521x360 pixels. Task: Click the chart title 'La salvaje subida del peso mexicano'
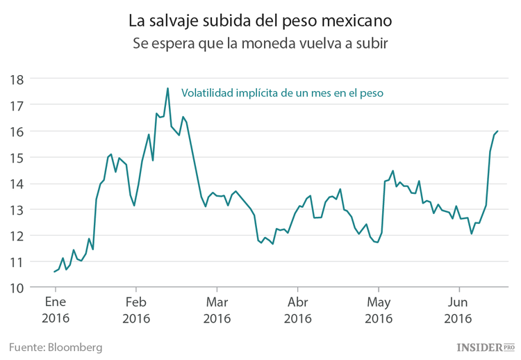(260, 20)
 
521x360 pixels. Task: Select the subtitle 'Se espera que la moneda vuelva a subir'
(260, 43)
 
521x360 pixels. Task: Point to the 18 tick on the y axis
(17, 79)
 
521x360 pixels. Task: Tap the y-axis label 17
(17, 106)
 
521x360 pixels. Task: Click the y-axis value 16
(17, 131)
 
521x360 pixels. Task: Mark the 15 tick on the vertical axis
(17, 158)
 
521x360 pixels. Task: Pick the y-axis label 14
(17, 184)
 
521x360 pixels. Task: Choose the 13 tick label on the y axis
(17, 210)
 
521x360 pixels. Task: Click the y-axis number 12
(17, 236)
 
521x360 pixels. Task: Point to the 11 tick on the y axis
(17, 262)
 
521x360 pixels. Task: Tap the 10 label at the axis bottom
(17, 288)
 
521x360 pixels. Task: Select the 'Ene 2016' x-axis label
(56, 311)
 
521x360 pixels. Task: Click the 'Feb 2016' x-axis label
(136, 311)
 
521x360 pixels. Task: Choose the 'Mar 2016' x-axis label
(217, 311)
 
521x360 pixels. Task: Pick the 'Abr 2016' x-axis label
(297, 311)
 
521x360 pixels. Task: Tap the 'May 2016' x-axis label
(379, 311)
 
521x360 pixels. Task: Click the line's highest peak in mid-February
(167, 88)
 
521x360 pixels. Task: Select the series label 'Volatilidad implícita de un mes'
(282, 92)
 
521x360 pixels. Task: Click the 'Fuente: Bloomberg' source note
(56, 346)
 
